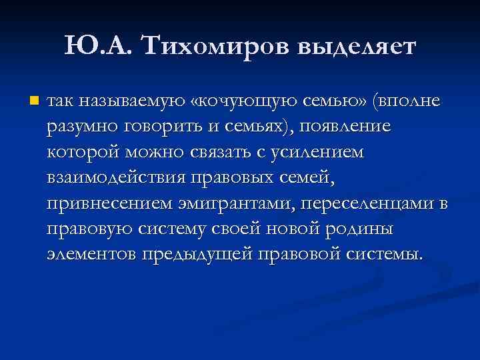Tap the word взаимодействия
[117, 178]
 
